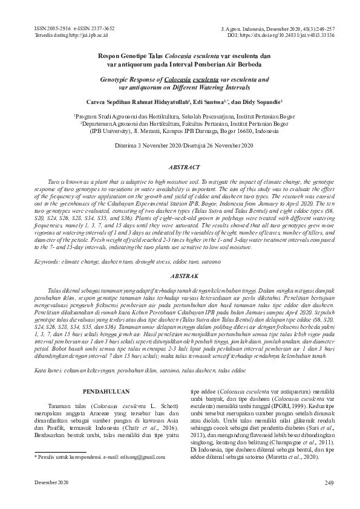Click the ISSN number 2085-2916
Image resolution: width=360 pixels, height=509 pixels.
(53, 28)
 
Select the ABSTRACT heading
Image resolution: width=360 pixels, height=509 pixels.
(180, 166)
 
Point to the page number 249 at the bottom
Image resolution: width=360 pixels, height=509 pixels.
(329, 482)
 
